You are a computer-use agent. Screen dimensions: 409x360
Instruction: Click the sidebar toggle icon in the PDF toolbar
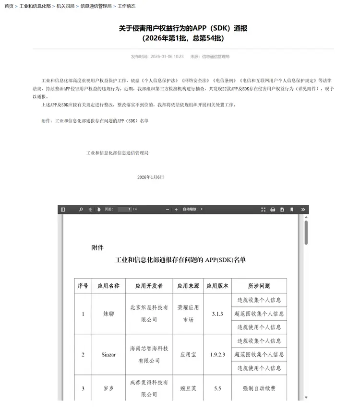[62, 210]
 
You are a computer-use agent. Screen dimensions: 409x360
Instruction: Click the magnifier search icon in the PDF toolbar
[81, 210]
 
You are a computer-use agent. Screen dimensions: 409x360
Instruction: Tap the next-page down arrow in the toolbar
[99, 210]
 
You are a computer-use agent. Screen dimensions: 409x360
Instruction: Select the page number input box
[124, 210]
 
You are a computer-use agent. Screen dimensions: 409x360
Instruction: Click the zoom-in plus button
[176, 210]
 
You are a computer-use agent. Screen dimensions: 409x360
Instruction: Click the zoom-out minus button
[168, 210]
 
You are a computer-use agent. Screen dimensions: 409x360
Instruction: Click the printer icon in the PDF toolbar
[273, 210]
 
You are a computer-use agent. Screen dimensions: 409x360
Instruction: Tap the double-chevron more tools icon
[303, 210]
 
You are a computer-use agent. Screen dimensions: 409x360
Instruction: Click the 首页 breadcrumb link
[9, 6]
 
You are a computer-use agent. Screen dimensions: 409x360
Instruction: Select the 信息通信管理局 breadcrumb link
[96, 6]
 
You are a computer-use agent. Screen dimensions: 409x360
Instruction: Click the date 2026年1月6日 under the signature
[150, 177]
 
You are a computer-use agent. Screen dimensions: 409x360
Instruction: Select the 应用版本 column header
[217, 286]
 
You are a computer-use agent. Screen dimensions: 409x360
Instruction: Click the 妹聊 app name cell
[108, 314]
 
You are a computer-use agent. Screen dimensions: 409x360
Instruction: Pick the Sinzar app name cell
[108, 354]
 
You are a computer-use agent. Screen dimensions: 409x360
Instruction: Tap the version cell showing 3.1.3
[217, 314]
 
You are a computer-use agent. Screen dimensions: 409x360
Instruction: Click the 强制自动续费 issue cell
[259, 388]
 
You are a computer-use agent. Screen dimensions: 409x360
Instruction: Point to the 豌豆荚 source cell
[188, 388]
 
